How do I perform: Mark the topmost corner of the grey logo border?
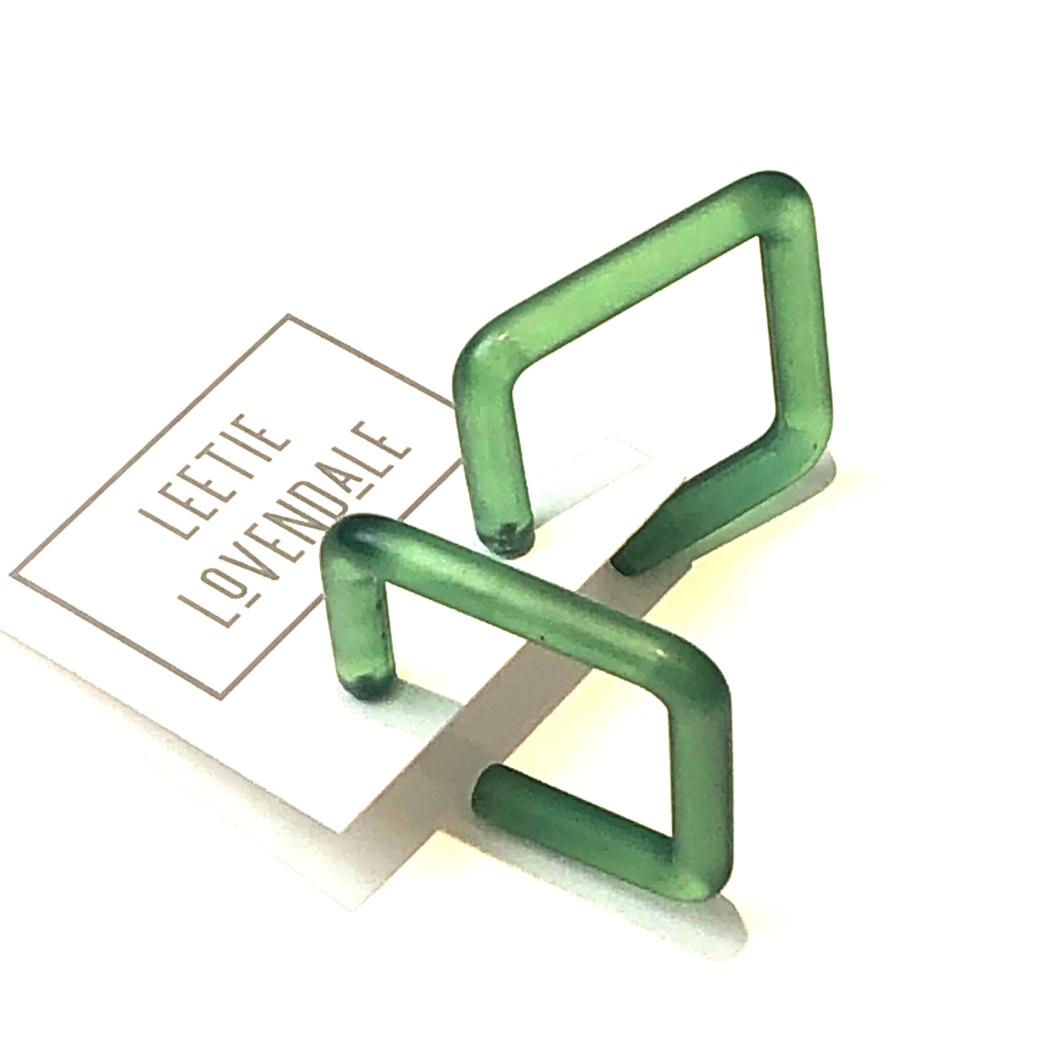[289, 316]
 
